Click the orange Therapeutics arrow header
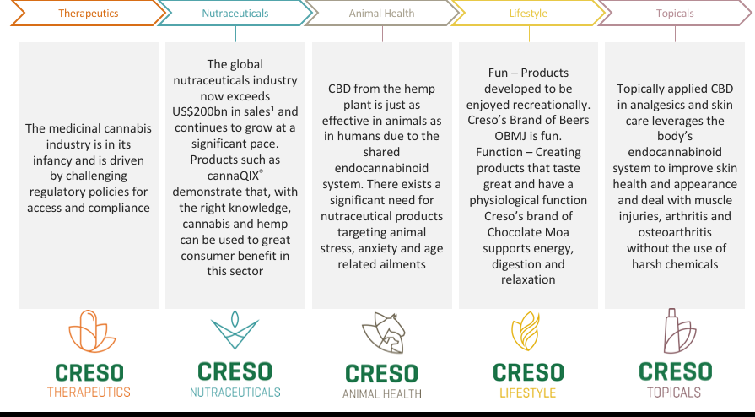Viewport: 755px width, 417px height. [88, 13]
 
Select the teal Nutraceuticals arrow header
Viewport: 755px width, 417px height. [235, 13]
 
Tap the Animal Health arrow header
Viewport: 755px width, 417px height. [382, 13]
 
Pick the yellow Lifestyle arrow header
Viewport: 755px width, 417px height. [528, 13]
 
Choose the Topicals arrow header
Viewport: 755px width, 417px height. [675, 13]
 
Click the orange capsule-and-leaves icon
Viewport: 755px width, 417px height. [91, 331]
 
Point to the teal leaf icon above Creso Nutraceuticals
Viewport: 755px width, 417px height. [235, 330]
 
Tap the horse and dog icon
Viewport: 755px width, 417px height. [384, 333]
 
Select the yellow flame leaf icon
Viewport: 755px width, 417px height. [526, 331]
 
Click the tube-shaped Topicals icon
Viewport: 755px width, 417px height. [679, 331]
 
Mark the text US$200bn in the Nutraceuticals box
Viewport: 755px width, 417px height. [201, 111]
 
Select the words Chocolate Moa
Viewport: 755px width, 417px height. [528, 232]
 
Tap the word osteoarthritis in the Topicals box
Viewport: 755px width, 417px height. [675, 232]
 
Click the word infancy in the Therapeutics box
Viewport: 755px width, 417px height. [51, 160]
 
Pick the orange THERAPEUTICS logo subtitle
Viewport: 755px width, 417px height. [89, 392]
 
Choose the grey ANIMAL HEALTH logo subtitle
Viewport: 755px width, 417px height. [382, 394]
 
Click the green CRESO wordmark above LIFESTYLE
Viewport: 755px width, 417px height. [528, 372]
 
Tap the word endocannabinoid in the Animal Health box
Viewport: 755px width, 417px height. [381, 168]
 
